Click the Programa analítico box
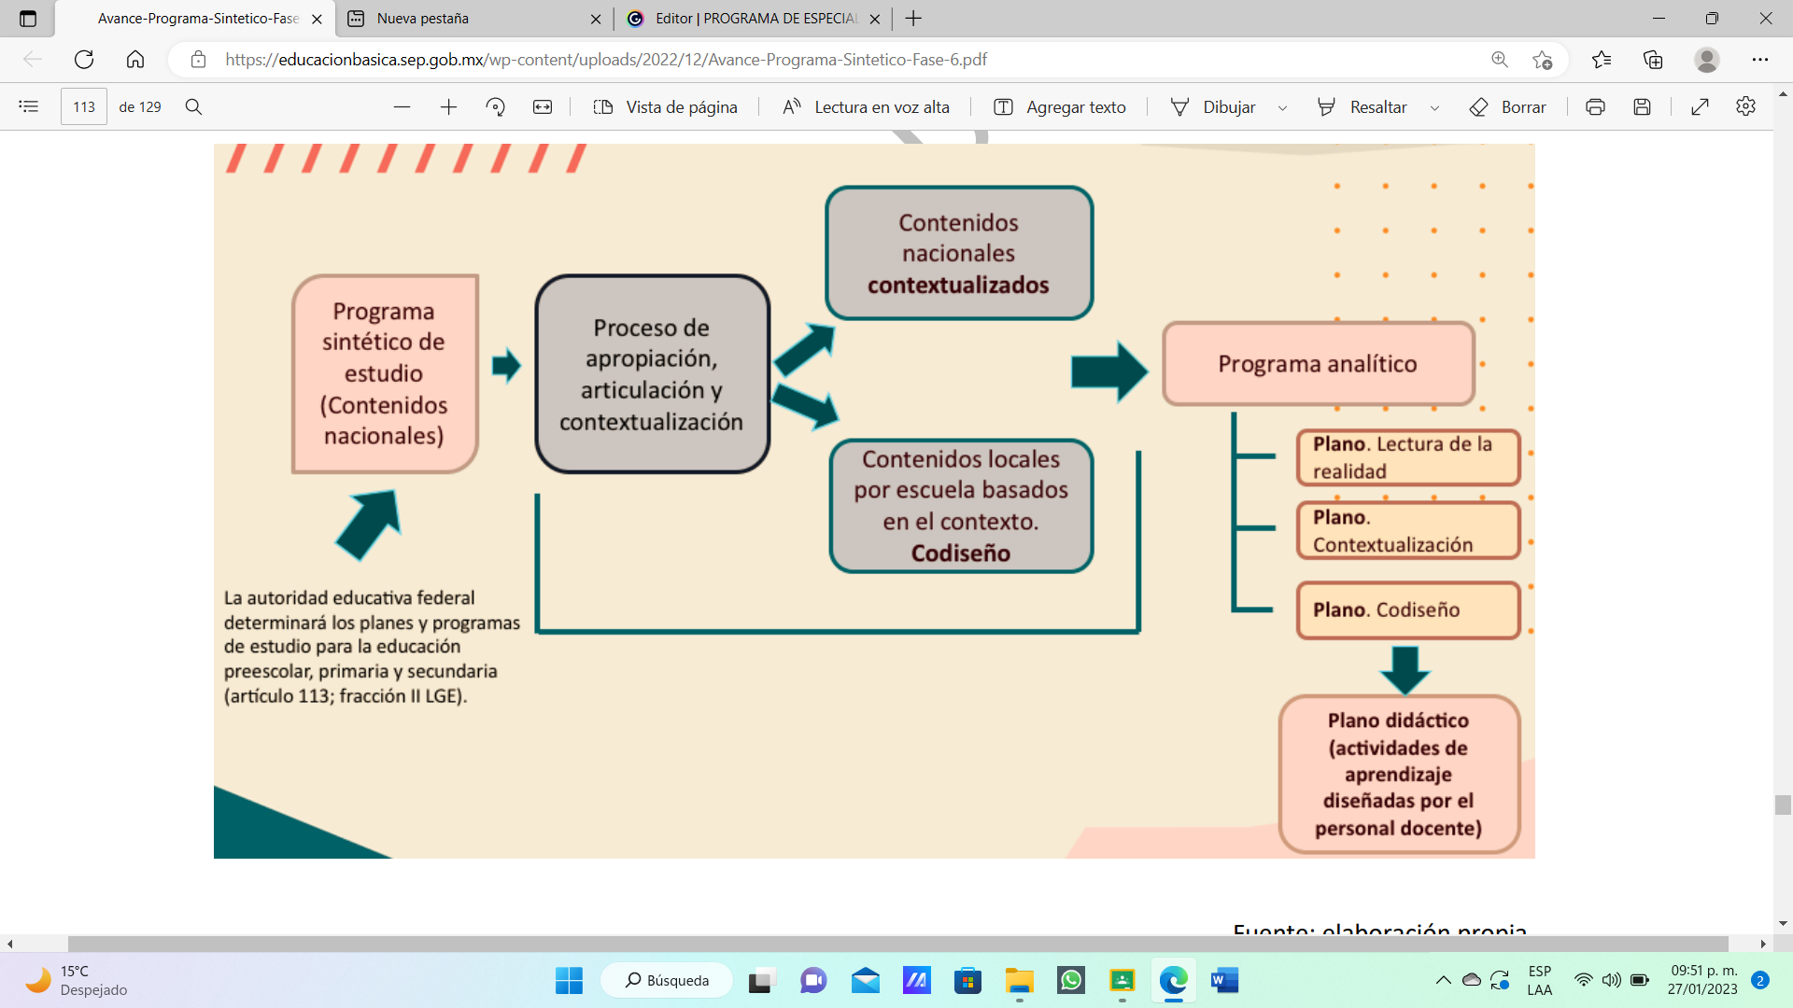[1318, 364]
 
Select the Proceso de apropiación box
[652, 374]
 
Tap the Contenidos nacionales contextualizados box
[959, 253]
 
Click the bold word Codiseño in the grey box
[960, 553]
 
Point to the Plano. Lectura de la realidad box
[1407, 457]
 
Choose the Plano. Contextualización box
[1407, 531]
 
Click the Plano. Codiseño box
[1407, 610]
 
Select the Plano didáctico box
[1398, 774]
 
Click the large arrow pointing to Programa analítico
[1108, 371]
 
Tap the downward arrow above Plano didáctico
[1405, 668]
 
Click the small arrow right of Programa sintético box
[505, 365]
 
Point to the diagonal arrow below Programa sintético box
[369, 524]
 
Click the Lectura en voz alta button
[866, 107]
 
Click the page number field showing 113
[84, 107]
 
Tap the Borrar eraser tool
[1507, 107]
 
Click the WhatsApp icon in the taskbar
[1070, 980]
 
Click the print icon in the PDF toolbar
[1595, 107]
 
